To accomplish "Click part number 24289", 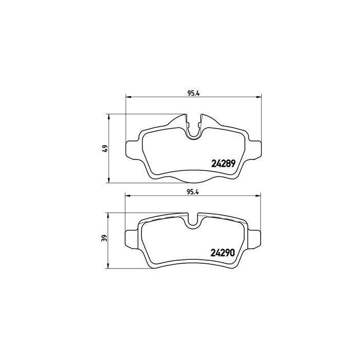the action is [223, 164].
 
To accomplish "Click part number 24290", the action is [223, 253].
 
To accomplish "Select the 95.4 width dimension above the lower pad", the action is [193, 192].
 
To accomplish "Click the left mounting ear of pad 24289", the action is [133, 149].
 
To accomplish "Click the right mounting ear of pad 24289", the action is [255, 149].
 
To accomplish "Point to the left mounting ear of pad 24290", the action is [131, 239].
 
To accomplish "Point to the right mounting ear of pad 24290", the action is [254, 239].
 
